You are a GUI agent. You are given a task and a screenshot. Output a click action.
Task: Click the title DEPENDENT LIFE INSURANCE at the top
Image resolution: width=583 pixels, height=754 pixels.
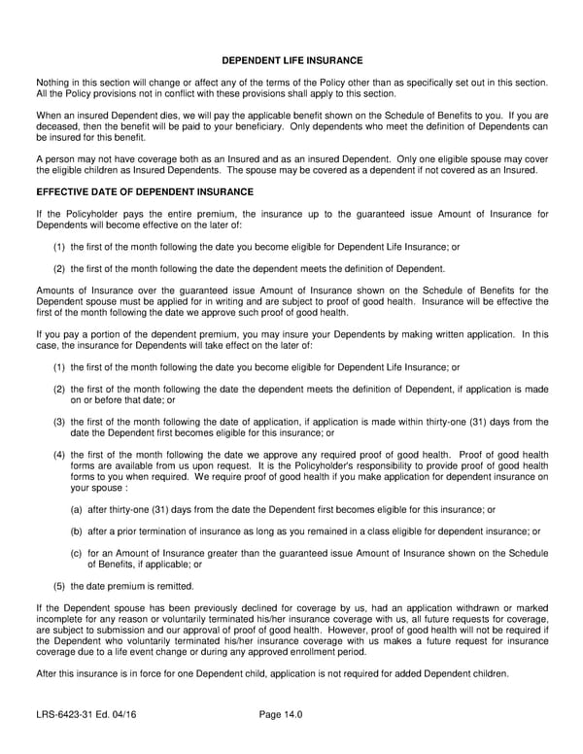(x=291, y=60)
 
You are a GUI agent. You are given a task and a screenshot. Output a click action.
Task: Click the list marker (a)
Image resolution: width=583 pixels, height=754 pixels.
(x=76, y=509)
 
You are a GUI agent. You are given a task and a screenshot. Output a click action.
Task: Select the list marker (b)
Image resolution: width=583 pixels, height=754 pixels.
(x=76, y=531)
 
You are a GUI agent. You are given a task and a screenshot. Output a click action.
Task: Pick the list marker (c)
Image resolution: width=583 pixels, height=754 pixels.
(x=76, y=554)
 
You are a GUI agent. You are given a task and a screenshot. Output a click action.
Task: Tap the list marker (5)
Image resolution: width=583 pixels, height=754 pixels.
(x=59, y=586)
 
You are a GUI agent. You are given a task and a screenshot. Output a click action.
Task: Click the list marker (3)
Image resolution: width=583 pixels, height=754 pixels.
(x=59, y=422)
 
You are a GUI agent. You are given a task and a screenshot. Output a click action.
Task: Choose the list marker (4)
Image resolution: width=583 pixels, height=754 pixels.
(x=59, y=454)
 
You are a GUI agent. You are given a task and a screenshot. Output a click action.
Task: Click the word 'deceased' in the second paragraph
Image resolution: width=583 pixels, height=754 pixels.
(x=57, y=126)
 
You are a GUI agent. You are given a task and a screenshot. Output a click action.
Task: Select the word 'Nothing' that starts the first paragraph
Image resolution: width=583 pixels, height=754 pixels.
(x=53, y=83)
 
